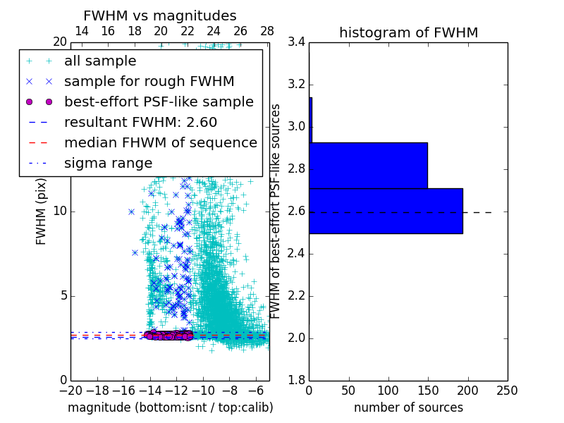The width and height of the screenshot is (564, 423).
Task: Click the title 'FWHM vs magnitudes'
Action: click(x=160, y=16)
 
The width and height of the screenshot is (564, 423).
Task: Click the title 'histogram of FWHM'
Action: click(x=408, y=32)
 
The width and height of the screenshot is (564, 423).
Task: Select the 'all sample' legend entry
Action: click(x=100, y=61)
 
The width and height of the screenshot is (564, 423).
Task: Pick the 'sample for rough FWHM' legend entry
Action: click(x=149, y=81)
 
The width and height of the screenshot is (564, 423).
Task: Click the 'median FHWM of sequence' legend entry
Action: click(x=160, y=142)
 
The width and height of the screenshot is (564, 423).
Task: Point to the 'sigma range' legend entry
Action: click(x=108, y=163)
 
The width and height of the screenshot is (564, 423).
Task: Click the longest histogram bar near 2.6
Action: click(x=386, y=211)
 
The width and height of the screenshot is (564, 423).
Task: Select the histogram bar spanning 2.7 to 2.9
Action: click(x=368, y=166)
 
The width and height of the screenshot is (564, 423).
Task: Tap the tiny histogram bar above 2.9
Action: click(x=310, y=120)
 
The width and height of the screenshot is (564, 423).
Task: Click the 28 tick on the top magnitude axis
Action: click(x=267, y=31)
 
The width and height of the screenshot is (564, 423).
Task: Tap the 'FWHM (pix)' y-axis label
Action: click(x=41, y=211)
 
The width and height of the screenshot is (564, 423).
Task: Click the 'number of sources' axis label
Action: click(x=408, y=407)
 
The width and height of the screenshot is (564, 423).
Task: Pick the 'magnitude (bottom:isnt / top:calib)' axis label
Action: click(x=170, y=407)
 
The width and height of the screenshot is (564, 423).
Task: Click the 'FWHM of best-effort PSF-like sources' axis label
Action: click(x=276, y=211)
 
